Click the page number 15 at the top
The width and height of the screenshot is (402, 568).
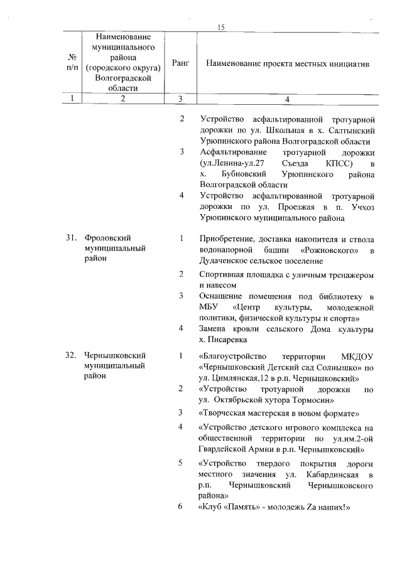(220, 27)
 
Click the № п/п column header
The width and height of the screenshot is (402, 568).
(73, 64)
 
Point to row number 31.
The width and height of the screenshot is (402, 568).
(71, 238)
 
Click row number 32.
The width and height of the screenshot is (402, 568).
(71, 356)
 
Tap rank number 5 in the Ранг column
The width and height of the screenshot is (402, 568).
(181, 463)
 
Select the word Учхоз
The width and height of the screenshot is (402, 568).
(362, 207)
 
